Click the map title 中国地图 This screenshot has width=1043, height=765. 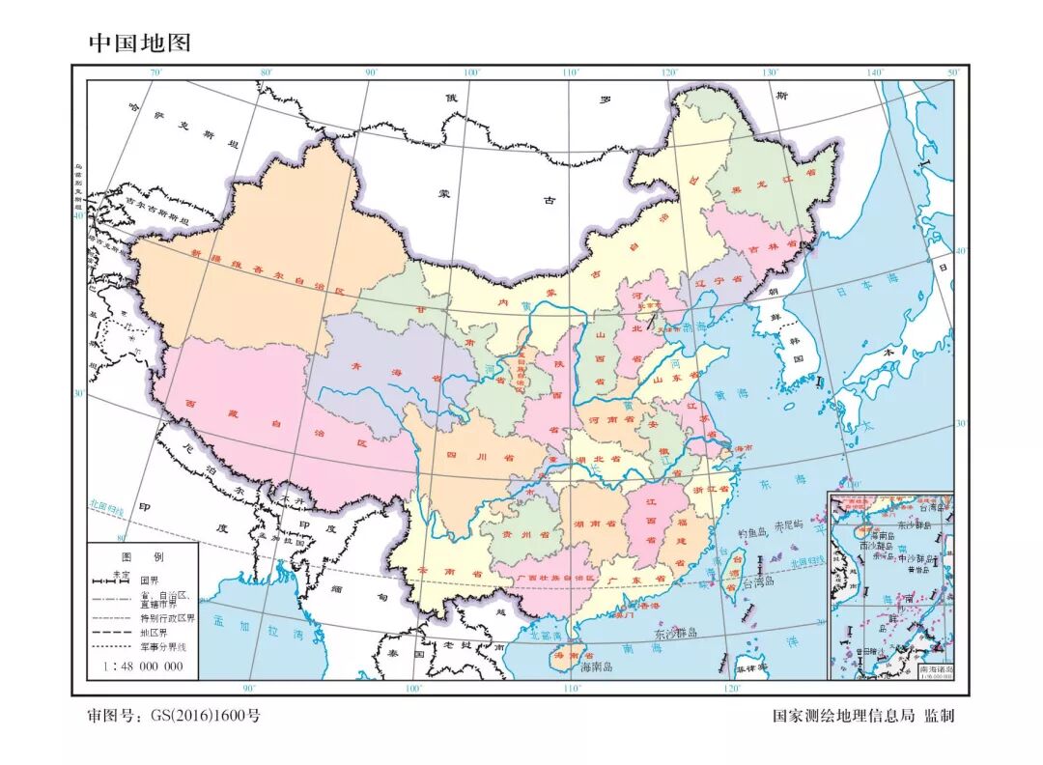[x=140, y=42]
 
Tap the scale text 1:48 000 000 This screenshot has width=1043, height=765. [x=143, y=666]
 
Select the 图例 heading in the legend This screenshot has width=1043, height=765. [x=142, y=557]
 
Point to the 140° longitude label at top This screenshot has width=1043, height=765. [x=875, y=72]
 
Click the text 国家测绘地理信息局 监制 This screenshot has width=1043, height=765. [x=862, y=716]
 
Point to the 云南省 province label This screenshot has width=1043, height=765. [x=450, y=572]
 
